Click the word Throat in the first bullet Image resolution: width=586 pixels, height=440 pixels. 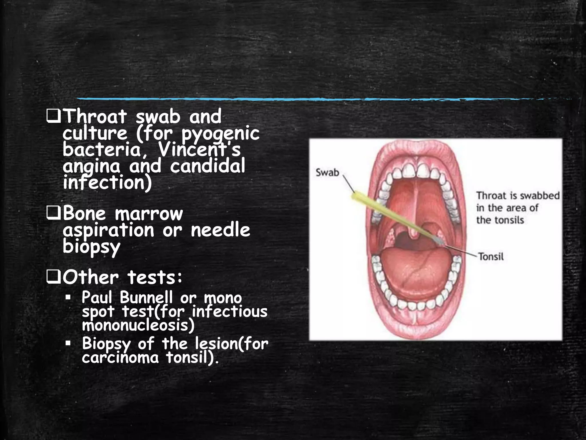click(x=95, y=117)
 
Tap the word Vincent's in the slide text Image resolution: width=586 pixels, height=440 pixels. click(x=199, y=150)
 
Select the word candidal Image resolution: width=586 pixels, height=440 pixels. click(x=207, y=166)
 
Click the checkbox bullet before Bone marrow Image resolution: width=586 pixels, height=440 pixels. click(x=53, y=214)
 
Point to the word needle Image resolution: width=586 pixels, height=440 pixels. click(x=220, y=230)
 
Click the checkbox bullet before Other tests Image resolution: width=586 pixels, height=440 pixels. click(x=53, y=278)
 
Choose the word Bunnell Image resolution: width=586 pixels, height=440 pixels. click(x=146, y=298)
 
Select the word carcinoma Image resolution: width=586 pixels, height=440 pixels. click(x=120, y=358)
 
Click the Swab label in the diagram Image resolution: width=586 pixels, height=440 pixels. click(x=327, y=172)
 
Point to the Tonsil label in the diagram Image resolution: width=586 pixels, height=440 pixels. click(x=491, y=256)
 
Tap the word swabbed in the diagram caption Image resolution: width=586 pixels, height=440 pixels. click(x=540, y=196)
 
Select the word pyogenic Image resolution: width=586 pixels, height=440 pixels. click(x=220, y=133)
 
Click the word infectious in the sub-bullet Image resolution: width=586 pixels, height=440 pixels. click(x=229, y=312)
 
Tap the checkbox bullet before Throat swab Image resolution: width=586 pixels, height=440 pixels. click(x=53, y=117)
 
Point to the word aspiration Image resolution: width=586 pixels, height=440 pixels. click(x=108, y=230)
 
